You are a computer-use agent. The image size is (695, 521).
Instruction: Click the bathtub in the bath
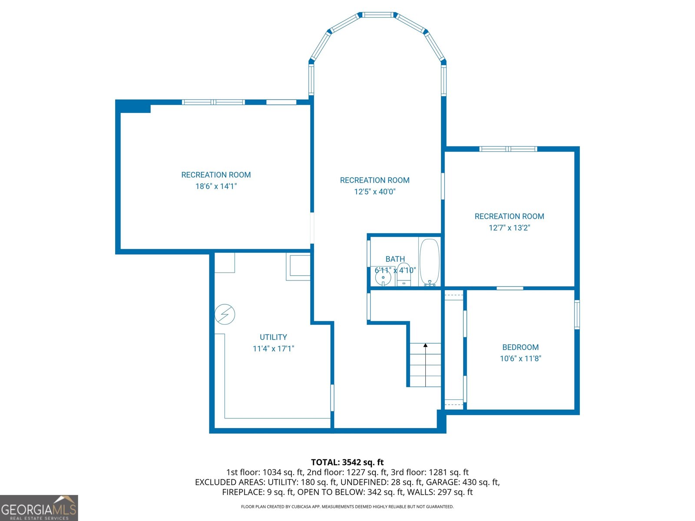coord(429,263)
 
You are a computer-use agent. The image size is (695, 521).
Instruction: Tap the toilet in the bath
coord(404,274)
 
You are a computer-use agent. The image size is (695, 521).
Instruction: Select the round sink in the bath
coord(383,278)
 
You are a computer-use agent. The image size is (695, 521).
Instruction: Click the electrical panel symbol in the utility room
coord(225,314)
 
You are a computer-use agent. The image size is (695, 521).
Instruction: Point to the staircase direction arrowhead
coord(425,346)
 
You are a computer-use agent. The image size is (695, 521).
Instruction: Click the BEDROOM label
coord(520,347)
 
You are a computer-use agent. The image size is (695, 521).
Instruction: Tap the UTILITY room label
coord(273,337)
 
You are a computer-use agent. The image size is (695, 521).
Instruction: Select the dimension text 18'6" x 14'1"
coord(216,186)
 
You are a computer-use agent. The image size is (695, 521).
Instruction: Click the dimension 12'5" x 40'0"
coord(374,191)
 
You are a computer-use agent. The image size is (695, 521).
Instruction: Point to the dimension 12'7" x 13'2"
coord(509,228)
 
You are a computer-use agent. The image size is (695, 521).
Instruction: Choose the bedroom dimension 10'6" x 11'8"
coord(520,359)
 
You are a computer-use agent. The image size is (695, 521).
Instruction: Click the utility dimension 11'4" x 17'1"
coord(273,348)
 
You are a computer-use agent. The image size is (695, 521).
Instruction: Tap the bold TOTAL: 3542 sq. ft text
coord(347,462)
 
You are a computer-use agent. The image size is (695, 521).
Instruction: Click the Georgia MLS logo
coord(39,508)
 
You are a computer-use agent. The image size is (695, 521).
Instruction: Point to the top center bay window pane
coord(377,15)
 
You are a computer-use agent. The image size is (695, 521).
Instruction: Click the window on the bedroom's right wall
coord(577,314)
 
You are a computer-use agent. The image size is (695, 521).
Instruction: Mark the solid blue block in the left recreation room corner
coord(133,107)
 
